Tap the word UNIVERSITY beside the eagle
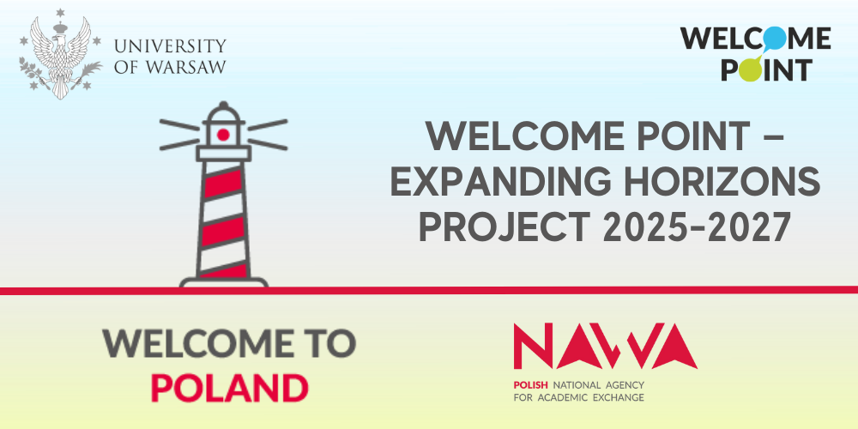coord(170,45)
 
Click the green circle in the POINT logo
coord(749,69)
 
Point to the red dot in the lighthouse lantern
coord(223,135)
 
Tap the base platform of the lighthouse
coord(224,281)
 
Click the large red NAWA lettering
coord(605,346)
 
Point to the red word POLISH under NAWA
coord(531,384)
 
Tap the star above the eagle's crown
coord(60,13)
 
